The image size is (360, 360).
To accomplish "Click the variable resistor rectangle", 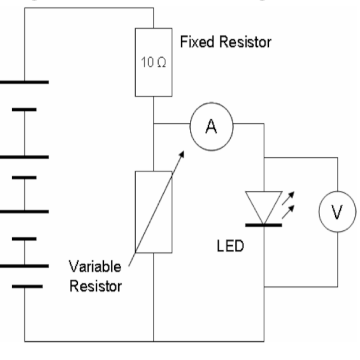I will click(x=153, y=212).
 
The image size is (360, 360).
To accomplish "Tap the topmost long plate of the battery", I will click(x=24, y=82).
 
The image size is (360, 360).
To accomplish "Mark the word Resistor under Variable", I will click(x=96, y=286).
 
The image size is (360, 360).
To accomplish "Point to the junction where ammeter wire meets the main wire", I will click(x=153, y=124).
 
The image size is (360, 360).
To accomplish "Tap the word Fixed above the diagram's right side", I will click(x=194, y=43).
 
